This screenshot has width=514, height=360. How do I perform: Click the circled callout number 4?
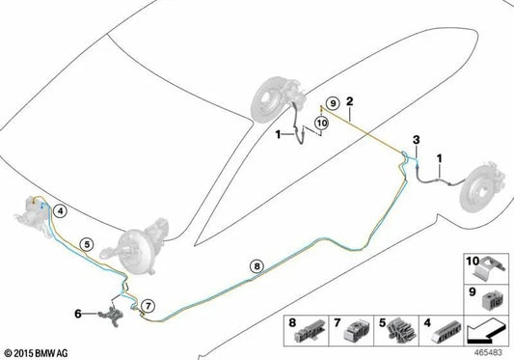tap(61, 211)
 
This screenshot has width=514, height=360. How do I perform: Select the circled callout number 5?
tap(87, 244)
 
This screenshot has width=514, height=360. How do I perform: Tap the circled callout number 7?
tap(148, 306)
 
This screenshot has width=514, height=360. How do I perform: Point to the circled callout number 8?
tap(257, 266)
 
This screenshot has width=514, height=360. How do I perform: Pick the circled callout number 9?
tap(333, 103)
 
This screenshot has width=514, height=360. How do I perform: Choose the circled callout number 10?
tap(321, 124)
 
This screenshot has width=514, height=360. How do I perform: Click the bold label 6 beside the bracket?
tap(78, 314)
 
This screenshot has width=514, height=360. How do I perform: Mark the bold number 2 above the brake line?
tap(350, 101)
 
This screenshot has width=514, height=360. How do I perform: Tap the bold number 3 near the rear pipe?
tap(416, 140)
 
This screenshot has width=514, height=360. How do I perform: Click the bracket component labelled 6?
tap(113, 316)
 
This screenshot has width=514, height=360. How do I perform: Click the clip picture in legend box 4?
tap(446, 332)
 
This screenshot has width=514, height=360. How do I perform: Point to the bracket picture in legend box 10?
tap(490, 268)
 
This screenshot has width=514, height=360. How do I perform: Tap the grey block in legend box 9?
tap(492, 300)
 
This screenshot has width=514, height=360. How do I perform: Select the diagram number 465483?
tap(488, 353)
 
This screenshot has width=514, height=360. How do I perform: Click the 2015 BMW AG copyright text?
tap(36, 353)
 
